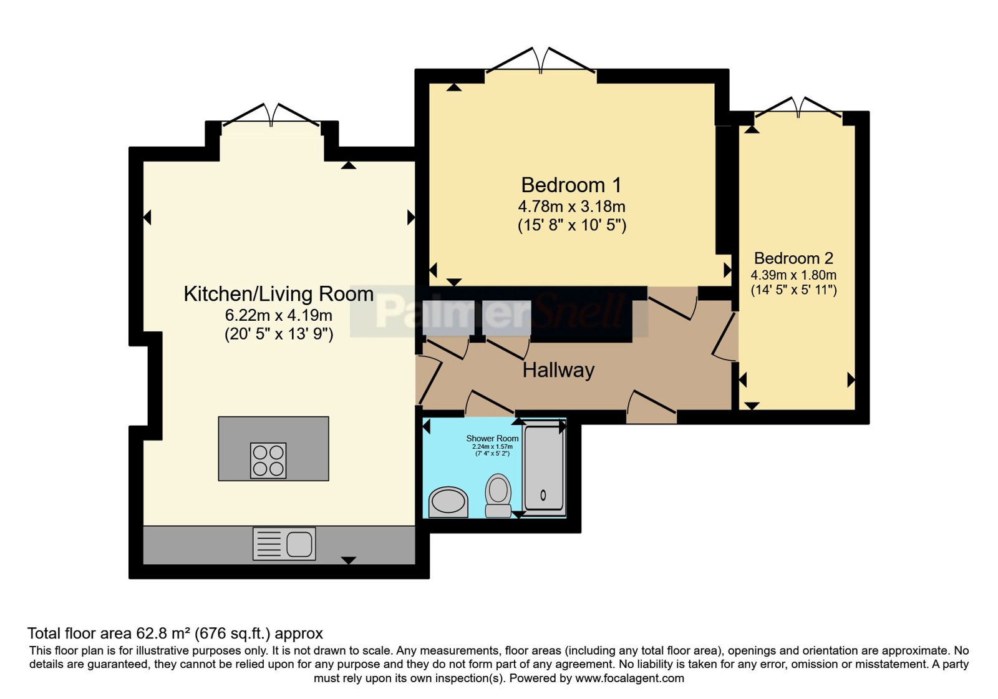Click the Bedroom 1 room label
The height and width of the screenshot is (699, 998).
click(x=571, y=185)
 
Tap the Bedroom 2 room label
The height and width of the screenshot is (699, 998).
click(x=793, y=258)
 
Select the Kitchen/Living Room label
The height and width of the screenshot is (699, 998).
click(x=278, y=294)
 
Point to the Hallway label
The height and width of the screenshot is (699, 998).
click(x=558, y=370)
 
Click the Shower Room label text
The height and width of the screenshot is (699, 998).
click(x=492, y=438)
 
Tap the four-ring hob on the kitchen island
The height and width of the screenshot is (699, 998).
click(x=268, y=461)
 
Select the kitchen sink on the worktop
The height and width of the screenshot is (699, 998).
click(x=284, y=544)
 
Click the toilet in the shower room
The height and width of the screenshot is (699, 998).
click(x=498, y=496)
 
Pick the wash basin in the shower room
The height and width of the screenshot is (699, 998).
click(x=448, y=502)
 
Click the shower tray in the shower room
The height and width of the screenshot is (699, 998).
click(x=543, y=467)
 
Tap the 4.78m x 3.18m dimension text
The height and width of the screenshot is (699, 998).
click(x=571, y=207)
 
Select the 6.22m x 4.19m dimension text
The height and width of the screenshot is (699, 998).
click(x=278, y=316)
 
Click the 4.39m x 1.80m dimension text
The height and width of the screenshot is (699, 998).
click(x=793, y=275)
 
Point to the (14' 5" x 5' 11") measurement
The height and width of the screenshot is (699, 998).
click(x=794, y=290)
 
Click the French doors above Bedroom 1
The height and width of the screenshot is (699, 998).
click(x=540, y=60)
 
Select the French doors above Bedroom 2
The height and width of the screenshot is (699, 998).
click(x=798, y=107)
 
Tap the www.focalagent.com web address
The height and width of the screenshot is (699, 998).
click(x=629, y=678)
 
